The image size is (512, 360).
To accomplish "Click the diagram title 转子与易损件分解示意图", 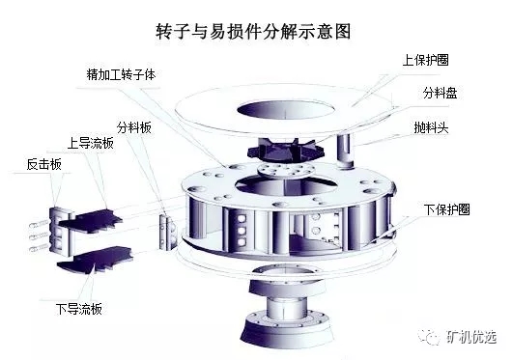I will pos(256,30).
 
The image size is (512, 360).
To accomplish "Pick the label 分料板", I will pos(135,125).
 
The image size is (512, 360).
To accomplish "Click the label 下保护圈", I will pos(445,208).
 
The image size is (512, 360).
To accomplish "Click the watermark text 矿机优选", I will pos(474,336).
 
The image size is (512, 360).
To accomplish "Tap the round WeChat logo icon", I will pos(441,336).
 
